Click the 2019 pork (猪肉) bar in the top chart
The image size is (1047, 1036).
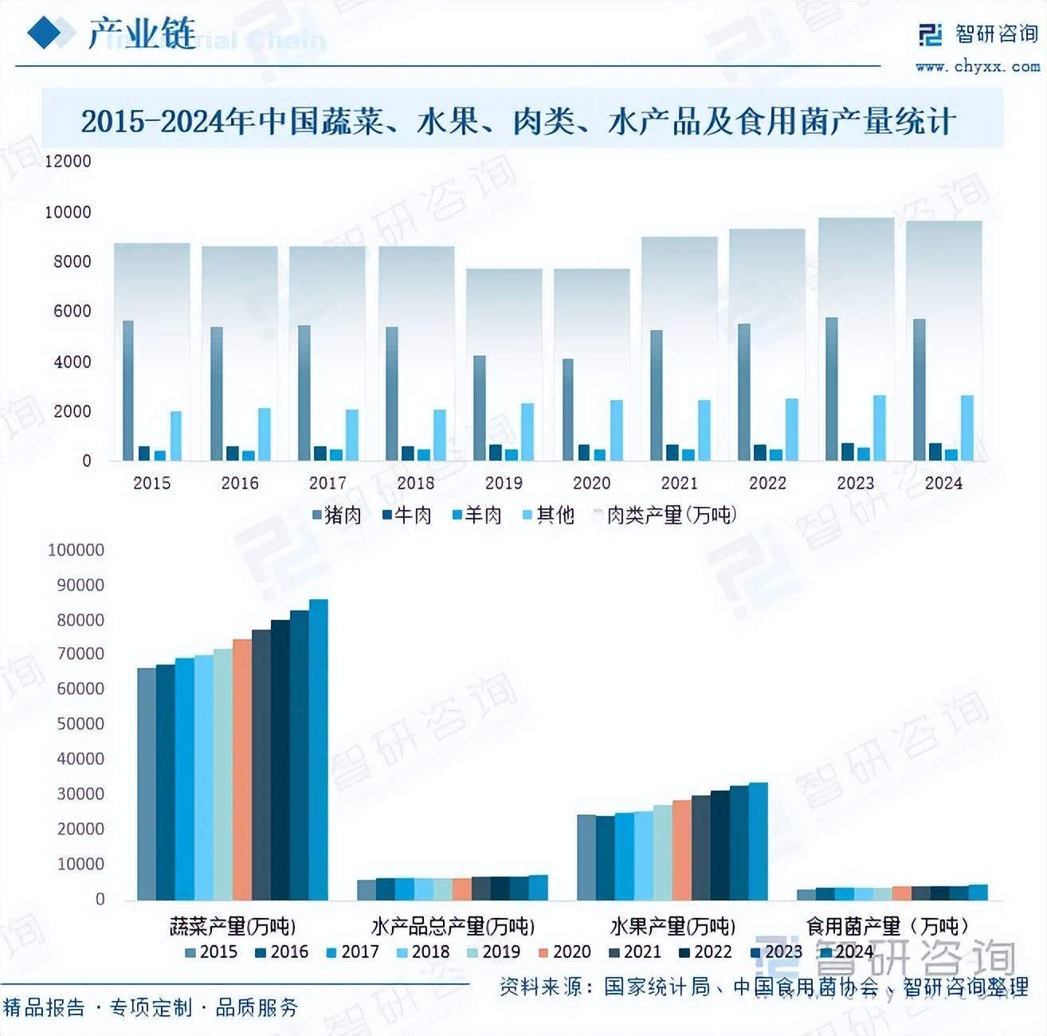pyautogui.click(x=480, y=407)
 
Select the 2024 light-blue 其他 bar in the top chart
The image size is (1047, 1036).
pyautogui.click(x=967, y=428)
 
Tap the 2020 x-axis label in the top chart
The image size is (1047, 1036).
pyautogui.click(x=591, y=483)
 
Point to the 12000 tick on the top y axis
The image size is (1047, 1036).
pyautogui.click(x=69, y=161)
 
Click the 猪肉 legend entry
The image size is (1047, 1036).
pyautogui.click(x=337, y=516)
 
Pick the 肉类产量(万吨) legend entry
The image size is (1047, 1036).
pyautogui.click(x=666, y=516)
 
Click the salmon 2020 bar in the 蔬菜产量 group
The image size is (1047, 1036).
pyautogui.click(x=242, y=769)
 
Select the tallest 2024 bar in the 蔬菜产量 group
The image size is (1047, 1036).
pyautogui.click(x=319, y=749)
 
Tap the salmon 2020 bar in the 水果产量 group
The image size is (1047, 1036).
pyautogui.click(x=682, y=850)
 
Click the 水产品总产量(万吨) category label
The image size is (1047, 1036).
pyautogui.click(x=453, y=926)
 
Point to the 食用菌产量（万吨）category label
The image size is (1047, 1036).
pyautogui.click(x=888, y=926)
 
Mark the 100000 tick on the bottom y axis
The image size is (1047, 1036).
pyautogui.click(x=76, y=550)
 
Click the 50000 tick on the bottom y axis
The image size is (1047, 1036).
pyautogui.click(x=80, y=724)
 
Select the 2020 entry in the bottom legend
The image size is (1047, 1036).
pyautogui.click(x=565, y=952)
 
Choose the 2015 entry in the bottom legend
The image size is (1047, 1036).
pyautogui.click(x=211, y=952)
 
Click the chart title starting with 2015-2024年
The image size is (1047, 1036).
pyautogui.click(x=519, y=121)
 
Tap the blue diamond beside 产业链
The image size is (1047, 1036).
pyautogui.click(x=45, y=33)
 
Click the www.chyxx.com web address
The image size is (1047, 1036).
pyautogui.click(x=978, y=67)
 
